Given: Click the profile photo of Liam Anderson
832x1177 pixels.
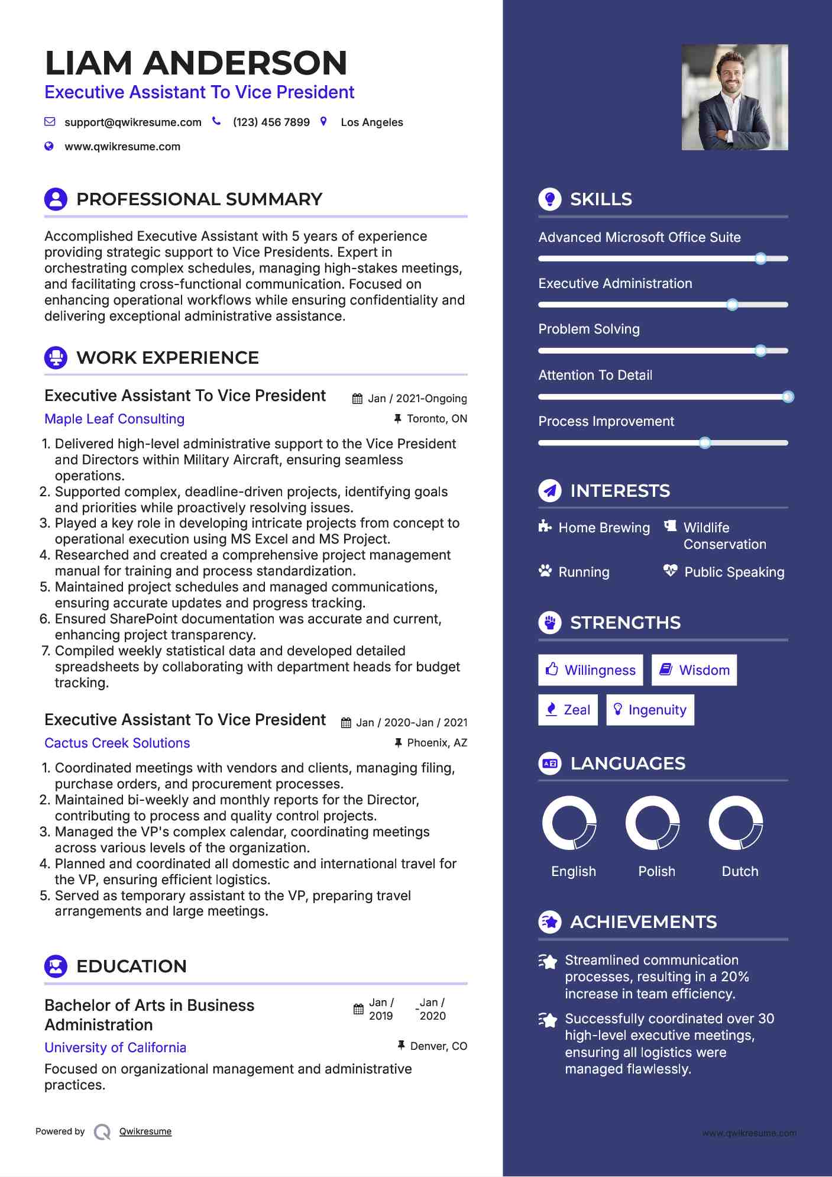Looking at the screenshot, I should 734,97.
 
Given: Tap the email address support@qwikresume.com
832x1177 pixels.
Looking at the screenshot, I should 132,122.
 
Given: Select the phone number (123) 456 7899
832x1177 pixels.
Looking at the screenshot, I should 271,122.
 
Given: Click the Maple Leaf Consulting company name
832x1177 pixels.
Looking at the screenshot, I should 115,419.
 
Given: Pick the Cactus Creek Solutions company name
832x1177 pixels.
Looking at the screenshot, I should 117,743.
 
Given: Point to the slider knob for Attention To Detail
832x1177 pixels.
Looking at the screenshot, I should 788,397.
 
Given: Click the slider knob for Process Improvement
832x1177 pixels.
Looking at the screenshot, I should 704,443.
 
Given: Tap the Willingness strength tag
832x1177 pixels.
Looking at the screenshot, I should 590,670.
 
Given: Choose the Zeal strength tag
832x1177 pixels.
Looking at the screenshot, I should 568,710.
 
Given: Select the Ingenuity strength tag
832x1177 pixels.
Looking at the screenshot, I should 650,710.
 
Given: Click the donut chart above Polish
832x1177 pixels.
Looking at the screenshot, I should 653,823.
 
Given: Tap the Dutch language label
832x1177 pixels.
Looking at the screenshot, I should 740,871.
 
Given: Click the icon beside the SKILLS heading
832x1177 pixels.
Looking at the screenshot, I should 550,199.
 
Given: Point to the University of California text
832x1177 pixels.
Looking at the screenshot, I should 115,1047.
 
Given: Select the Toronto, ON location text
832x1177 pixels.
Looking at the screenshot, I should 437,419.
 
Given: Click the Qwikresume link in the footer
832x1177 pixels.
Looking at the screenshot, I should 145,1131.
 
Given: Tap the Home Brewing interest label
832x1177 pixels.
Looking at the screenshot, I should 604,528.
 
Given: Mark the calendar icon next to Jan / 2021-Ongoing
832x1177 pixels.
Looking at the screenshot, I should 357,399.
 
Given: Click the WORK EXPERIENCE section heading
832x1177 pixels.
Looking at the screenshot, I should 167,358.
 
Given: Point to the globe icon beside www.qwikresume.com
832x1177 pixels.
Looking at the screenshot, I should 49,146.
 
